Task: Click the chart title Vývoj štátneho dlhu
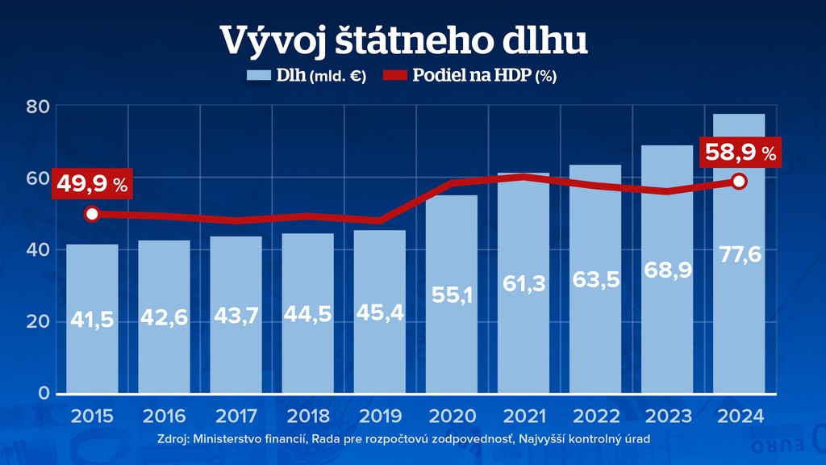pyautogui.click(x=412, y=40)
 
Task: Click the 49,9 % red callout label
pyautogui.click(x=92, y=184)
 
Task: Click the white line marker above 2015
pyautogui.click(x=92, y=214)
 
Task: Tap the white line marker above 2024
pyautogui.click(x=739, y=182)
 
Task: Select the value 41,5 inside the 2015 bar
pyautogui.click(x=92, y=320)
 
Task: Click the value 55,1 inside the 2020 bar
pyautogui.click(x=452, y=295)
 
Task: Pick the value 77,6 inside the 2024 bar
pyautogui.click(x=739, y=256)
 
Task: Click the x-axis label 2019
pyautogui.click(x=380, y=417)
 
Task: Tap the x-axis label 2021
pyautogui.click(x=524, y=417)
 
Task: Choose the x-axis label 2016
pyautogui.click(x=164, y=417)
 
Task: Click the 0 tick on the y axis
pyautogui.click(x=44, y=393)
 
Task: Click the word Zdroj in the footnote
pyautogui.click(x=177, y=438)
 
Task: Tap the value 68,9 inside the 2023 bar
pyautogui.click(x=667, y=270)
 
